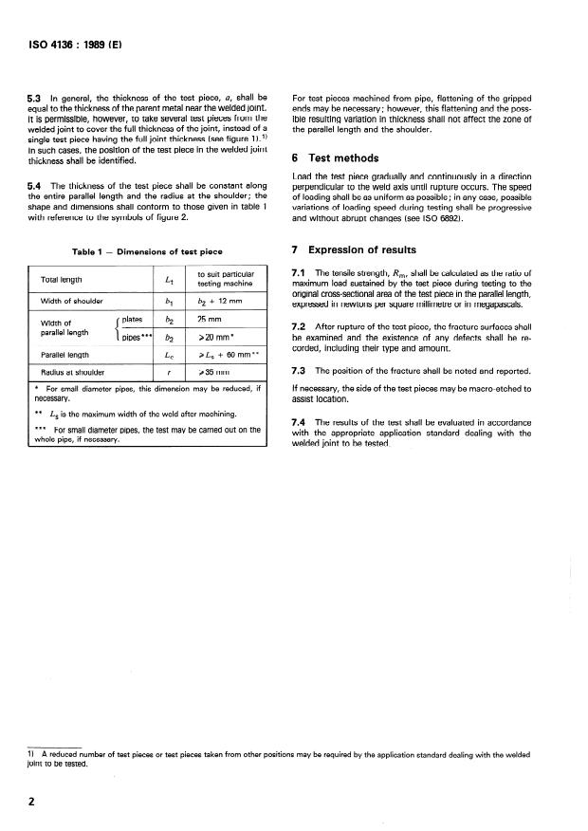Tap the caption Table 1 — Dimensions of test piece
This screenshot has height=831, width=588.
point(147,251)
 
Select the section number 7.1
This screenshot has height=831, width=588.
point(298,273)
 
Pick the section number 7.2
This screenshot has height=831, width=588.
point(298,327)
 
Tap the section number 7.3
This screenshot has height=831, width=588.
point(298,370)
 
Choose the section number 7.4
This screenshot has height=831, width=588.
point(298,420)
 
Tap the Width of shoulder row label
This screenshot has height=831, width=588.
point(72,301)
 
